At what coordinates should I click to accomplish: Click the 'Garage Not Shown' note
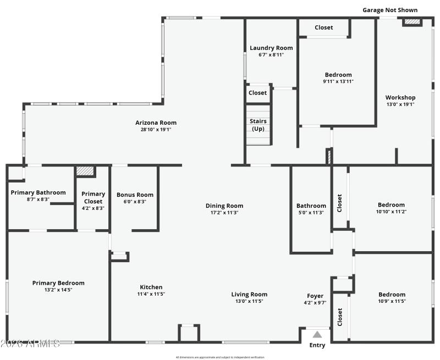point(389,10)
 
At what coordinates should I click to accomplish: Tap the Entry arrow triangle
point(317,334)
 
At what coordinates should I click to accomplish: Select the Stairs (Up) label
point(258,125)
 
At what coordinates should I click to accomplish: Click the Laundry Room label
point(271,48)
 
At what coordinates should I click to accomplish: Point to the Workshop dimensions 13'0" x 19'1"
point(400,104)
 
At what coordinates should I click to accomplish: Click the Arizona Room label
point(156,123)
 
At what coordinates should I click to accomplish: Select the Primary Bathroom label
point(38,192)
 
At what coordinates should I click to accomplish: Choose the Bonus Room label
point(135,195)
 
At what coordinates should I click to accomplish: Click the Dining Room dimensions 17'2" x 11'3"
point(224,213)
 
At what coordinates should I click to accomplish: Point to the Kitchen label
point(151,287)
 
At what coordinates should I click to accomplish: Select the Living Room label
point(249,294)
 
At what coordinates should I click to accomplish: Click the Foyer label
point(315,296)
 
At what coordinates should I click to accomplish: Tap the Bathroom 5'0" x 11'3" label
point(311,206)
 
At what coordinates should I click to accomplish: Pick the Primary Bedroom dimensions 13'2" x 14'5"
point(58,290)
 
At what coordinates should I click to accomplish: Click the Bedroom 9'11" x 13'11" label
point(338,75)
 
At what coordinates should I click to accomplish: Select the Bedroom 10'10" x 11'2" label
point(391,204)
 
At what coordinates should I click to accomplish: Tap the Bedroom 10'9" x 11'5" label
point(392,295)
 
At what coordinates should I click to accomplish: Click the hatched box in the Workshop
point(411,23)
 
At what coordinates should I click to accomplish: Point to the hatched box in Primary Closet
point(85,171)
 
